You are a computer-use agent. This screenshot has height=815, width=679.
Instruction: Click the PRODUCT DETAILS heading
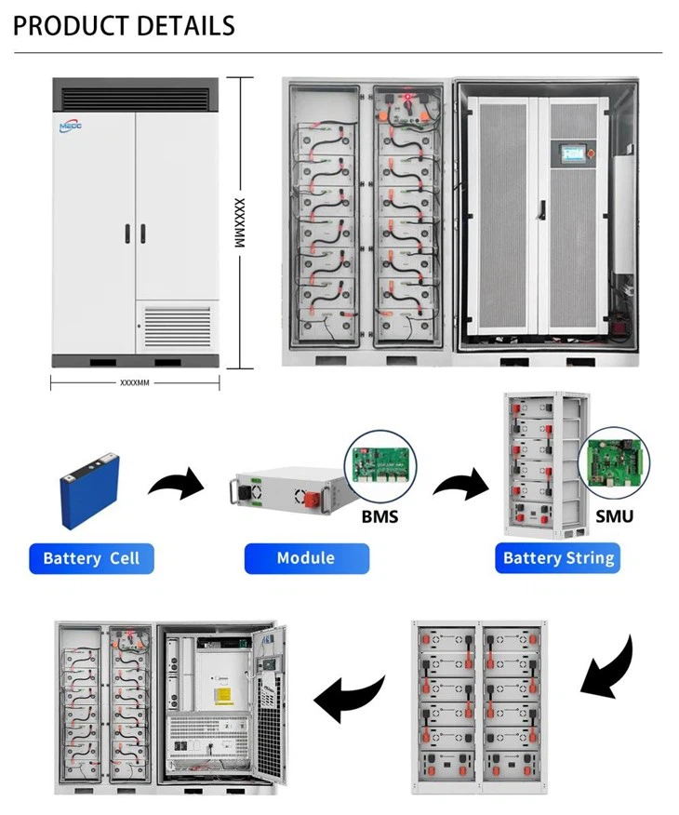pyautogui.click(x=124, y=25)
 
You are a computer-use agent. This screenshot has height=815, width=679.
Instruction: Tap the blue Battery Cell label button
pyautogui.click(x=91, y=558)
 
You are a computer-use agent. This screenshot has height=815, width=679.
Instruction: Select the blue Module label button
pyautogui.click(x=306, y=557)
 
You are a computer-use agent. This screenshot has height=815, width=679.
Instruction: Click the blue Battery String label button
pyautogui.click(x=558, y=558)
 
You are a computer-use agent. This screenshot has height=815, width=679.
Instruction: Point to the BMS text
pyautogui.click(x=380, y=514)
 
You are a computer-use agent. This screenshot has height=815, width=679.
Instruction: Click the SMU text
pyautogui.click(x=614, y=514)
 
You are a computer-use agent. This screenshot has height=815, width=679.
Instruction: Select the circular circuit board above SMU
pyautogui.click(x=614, y=464)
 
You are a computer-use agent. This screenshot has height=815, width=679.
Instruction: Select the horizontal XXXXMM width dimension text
pyautogui.click(x=135, y=382)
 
